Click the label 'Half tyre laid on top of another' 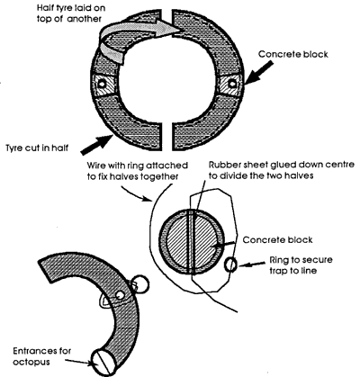pos(71,13)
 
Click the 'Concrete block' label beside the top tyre pos(293,54)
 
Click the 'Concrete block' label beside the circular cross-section pos(277,240)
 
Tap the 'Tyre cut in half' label pos(37,148)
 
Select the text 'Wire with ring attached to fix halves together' pos(138,171)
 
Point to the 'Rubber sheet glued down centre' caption pos(282,165)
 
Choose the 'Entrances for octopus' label pos(42,356)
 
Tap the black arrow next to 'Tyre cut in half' pos(97,145)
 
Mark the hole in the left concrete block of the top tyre pos(103,84)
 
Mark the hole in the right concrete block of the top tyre pos(231,84)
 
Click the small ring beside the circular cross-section pos(230,265)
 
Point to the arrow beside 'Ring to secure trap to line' pos(252,265)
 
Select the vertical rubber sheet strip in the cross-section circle pos(192,242)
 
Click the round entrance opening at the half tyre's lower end pos(103,363)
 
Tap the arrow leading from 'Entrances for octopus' pos(79,362)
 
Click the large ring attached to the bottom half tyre pos(140,283)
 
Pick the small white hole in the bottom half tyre pos(120,295)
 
